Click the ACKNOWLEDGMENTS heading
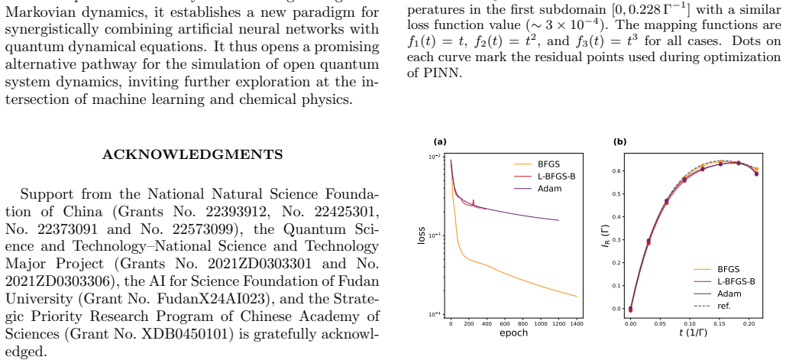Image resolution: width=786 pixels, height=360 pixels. click(x=192, y=154)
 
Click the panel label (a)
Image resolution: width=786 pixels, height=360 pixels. click(x=440, y=142)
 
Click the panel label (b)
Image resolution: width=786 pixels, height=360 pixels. click(x=620, y=142)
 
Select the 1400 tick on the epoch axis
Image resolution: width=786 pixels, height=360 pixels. click(x=577, y=324)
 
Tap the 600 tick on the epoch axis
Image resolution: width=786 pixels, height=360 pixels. click(x=505, y=324)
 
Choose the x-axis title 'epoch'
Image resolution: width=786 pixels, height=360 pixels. click(x=514, y=333)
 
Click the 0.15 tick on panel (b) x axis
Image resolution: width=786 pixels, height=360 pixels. click(x=720, y=324)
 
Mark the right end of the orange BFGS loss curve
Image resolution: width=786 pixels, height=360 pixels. click(x=577, y=297)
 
